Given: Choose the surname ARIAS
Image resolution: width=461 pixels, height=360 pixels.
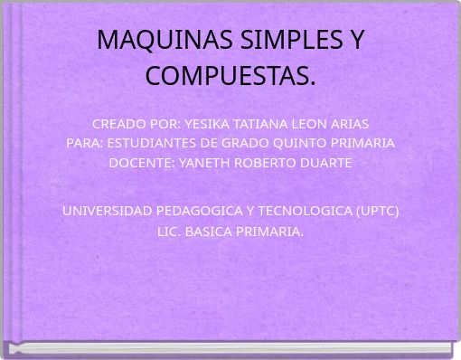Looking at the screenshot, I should pos(347,123).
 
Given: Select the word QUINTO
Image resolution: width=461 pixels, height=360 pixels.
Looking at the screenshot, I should pos(298,143).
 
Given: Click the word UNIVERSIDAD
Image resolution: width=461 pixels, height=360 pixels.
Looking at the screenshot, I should pos(107,211).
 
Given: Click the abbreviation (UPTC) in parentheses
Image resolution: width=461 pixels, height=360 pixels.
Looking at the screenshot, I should pos(378,211).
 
